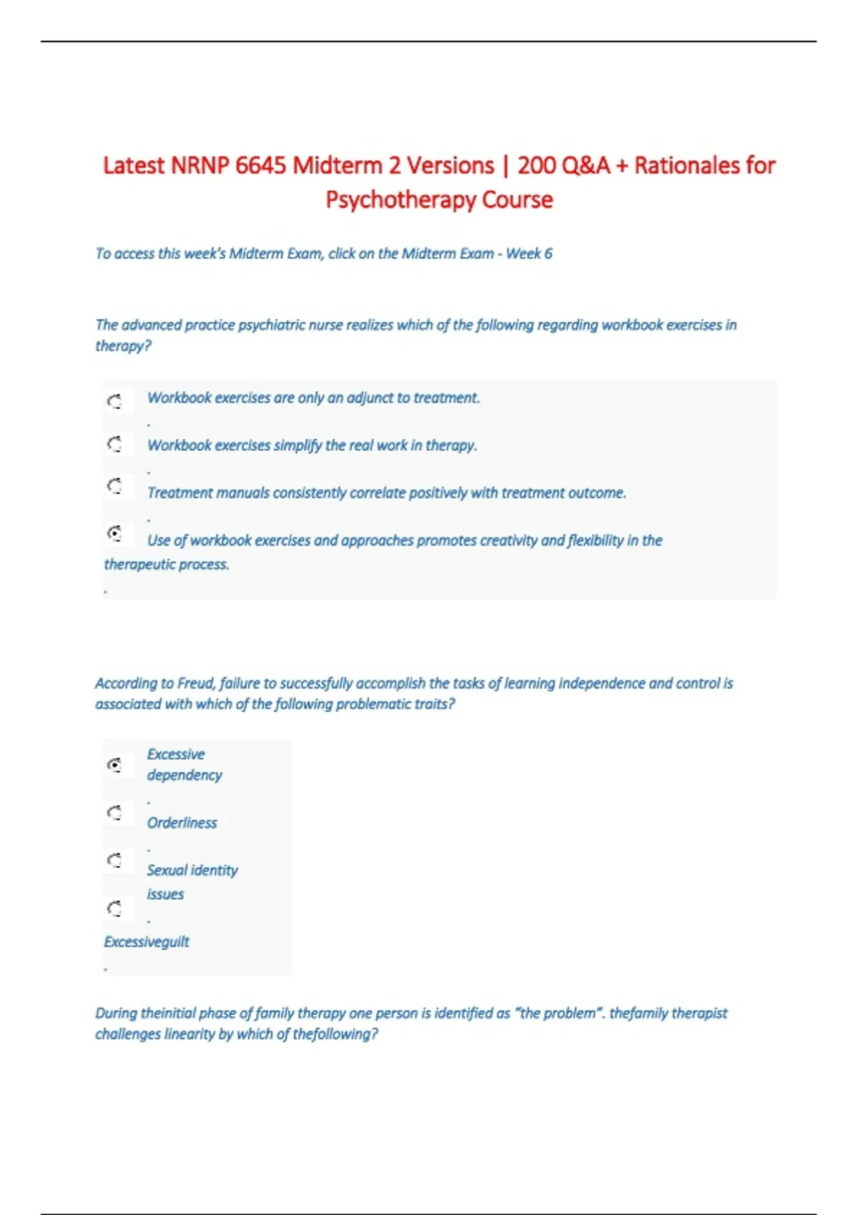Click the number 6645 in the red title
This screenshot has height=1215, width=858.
(261, 166)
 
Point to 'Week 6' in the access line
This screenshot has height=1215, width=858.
(529, 254)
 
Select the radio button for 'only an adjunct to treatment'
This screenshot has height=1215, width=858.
(114, 402)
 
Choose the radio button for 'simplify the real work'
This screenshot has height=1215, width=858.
(114, 445)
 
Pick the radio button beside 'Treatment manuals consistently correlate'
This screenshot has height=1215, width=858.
(114, 487)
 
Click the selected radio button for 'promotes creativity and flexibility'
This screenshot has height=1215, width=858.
(114, 533)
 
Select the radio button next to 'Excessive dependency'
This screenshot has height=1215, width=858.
(114, 765)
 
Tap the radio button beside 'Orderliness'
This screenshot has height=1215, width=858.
(114, 813)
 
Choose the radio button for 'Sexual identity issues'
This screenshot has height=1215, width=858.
(114, 860)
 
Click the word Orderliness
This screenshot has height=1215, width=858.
(182, 823)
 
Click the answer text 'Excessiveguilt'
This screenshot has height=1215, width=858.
(147, 942)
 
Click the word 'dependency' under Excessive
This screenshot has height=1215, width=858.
(184, 775)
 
